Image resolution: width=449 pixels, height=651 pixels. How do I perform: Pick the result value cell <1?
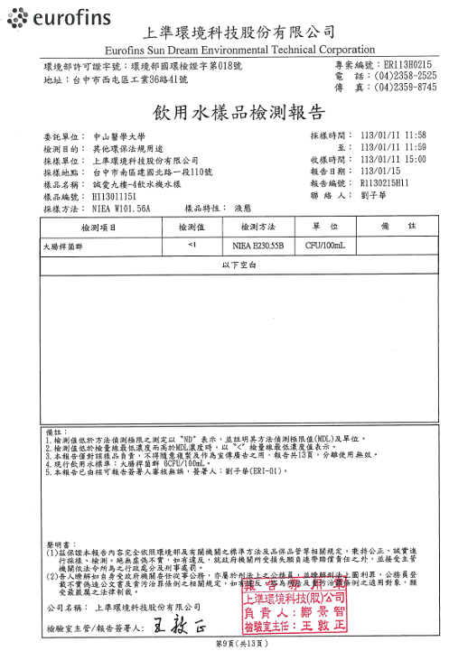[x=191, y=245]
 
